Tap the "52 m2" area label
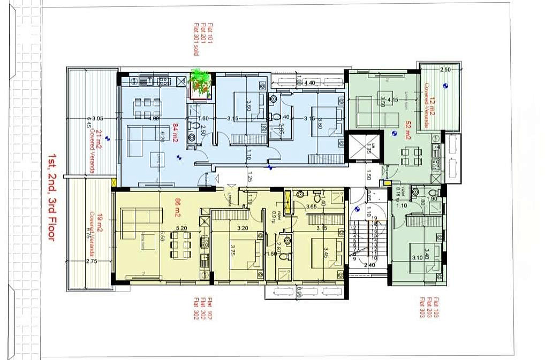[408, 130]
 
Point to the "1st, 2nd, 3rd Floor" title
[51, 196]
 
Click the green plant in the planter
[201, 82]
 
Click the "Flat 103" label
[436, 308]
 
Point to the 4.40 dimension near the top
[309, 83]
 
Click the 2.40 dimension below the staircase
[369, 265]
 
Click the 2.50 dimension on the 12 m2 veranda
[445, 70]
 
